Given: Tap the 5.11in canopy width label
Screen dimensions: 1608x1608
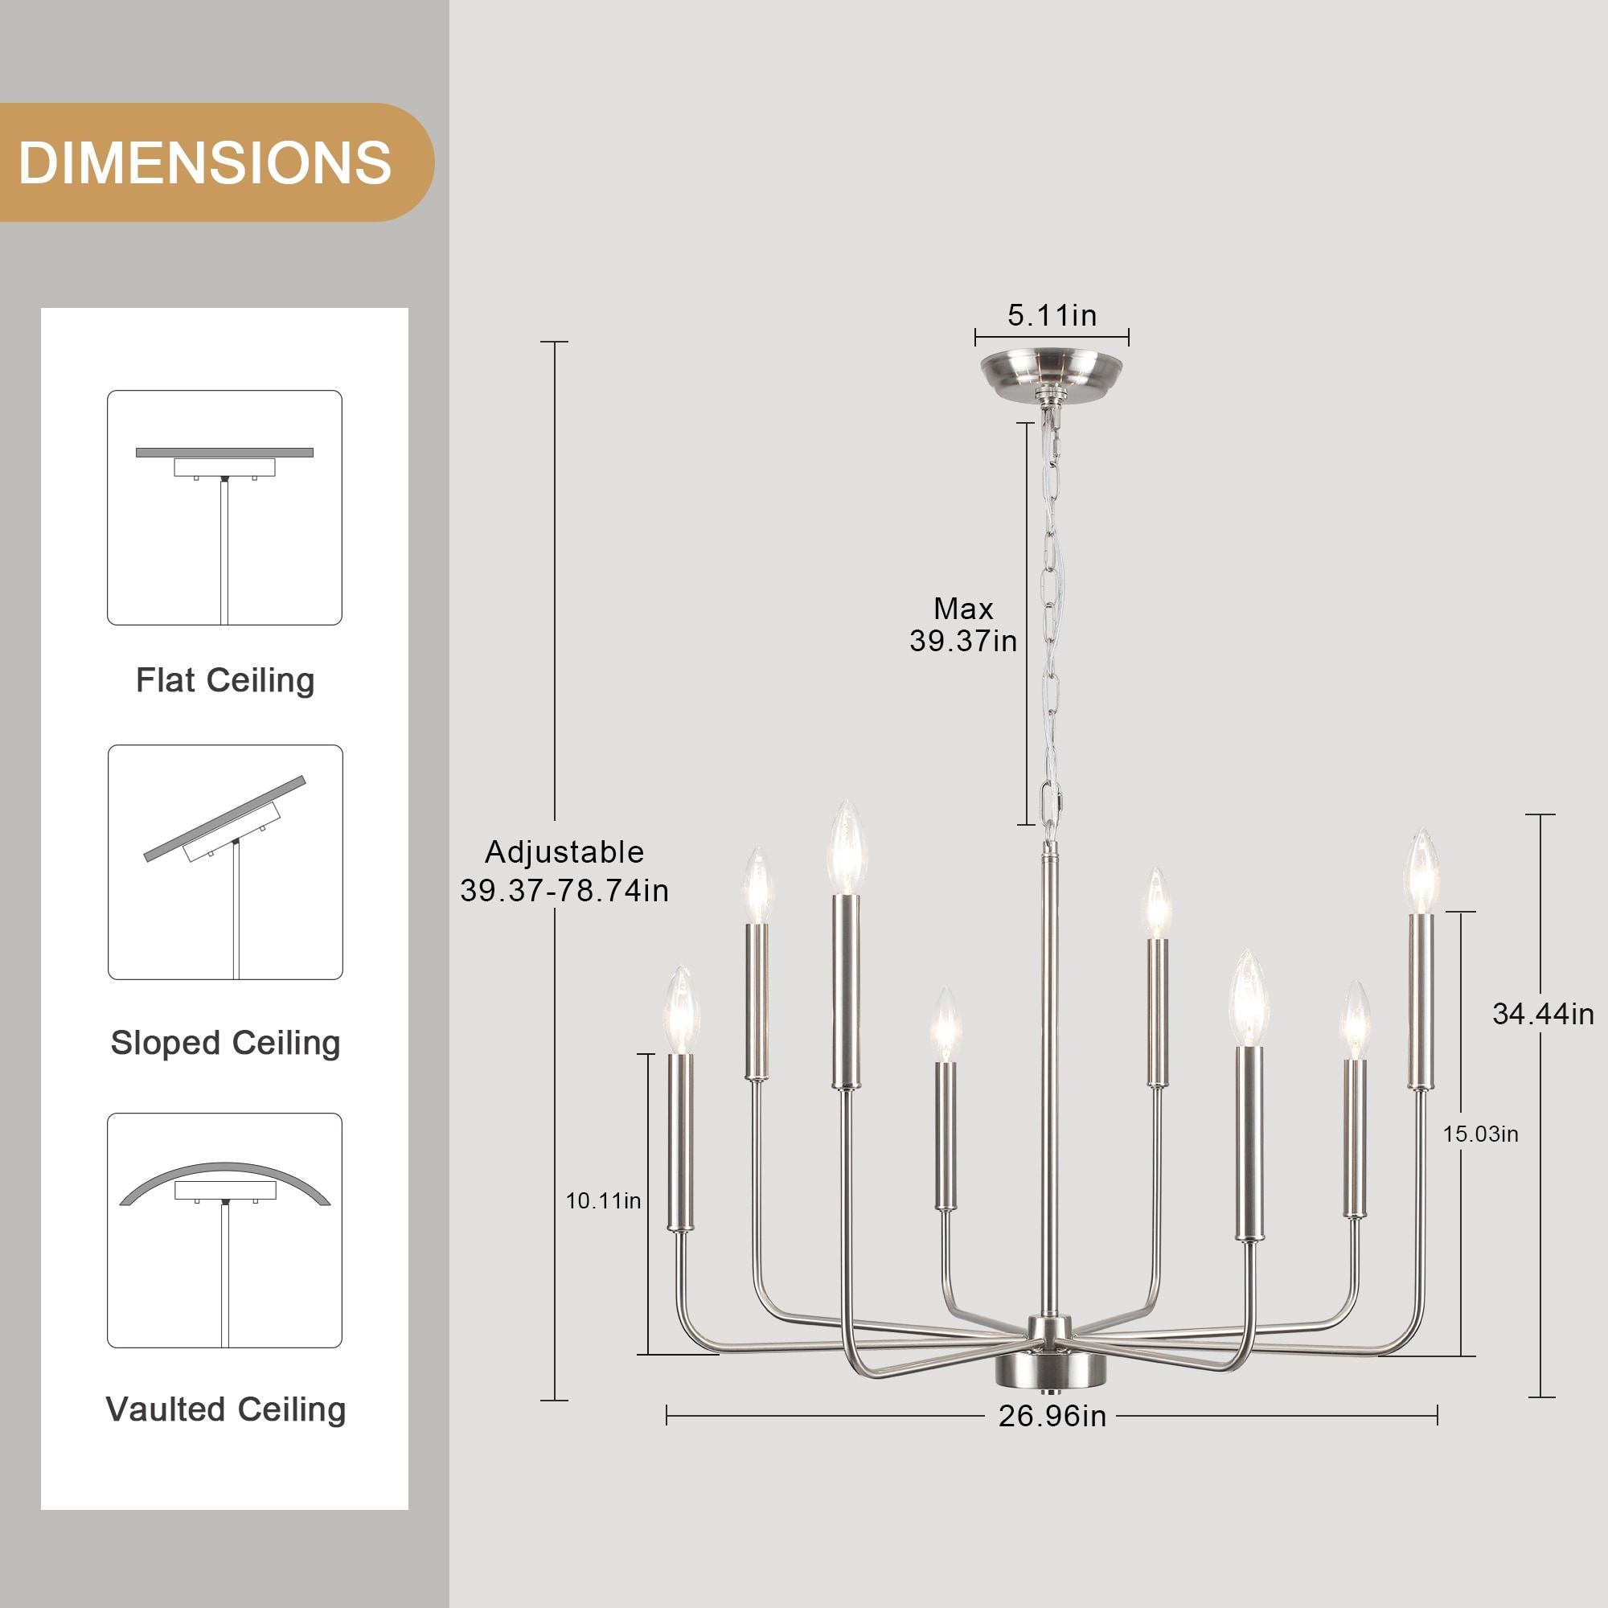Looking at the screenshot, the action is tap(1052, 315).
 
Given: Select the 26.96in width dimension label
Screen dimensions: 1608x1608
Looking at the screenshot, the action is tap(1052, 1416).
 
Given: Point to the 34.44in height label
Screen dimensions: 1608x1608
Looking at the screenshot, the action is tap(1543, 1014).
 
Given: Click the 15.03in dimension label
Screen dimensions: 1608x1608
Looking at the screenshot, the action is tap(1481, 1134).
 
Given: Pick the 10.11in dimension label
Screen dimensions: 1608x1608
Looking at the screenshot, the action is tap(604, 1201).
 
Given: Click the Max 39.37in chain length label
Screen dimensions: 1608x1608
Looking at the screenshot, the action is tap(963, 624).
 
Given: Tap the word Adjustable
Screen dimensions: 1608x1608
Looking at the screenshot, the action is tap(564, 852).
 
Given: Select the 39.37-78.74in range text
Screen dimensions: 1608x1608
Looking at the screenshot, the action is tap(564, 891).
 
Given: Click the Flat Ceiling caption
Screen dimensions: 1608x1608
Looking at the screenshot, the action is tap(225, 680).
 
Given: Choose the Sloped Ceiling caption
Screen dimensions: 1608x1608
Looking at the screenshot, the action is tap(226, 1043).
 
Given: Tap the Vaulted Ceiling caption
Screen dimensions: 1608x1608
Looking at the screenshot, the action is tap(226, 1410).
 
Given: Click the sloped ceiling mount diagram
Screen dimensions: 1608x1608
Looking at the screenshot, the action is tap(225, 862).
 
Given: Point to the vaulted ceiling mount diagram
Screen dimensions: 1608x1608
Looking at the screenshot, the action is tap(225, 1230).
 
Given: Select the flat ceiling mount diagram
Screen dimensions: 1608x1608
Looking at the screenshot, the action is tap(225, 507).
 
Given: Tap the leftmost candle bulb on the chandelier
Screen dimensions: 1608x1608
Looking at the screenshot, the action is tap(681, 1010).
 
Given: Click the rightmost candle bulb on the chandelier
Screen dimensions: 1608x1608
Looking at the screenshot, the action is tap(1421, 871).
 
